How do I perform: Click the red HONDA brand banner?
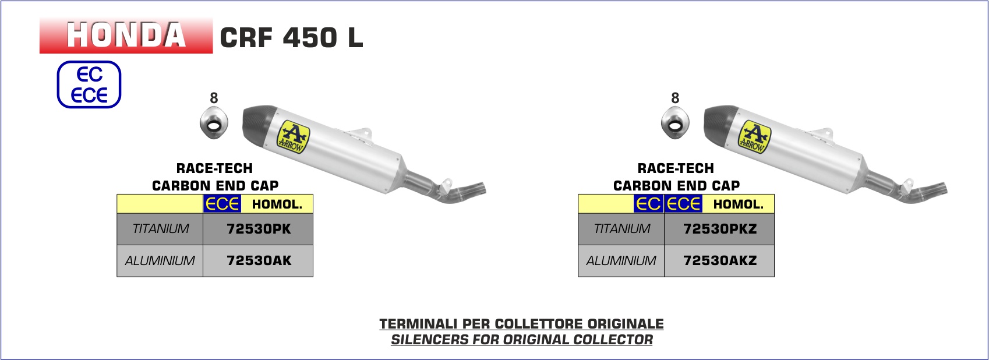click(x=126, y=36)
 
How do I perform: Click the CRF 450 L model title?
click(x=291, y=37)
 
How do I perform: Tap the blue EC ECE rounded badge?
click(x=89, y=84)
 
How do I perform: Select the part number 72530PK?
click(x=259, y=229)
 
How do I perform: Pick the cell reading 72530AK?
click(x=259, y=260)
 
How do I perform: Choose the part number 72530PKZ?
click(x=720, y=229)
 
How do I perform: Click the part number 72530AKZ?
click(x=720, y=260)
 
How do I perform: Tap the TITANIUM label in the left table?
click(x=160, y=229)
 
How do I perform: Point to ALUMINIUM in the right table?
click(x=621, y=260)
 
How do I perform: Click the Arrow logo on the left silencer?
click(x=293, y=137)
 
